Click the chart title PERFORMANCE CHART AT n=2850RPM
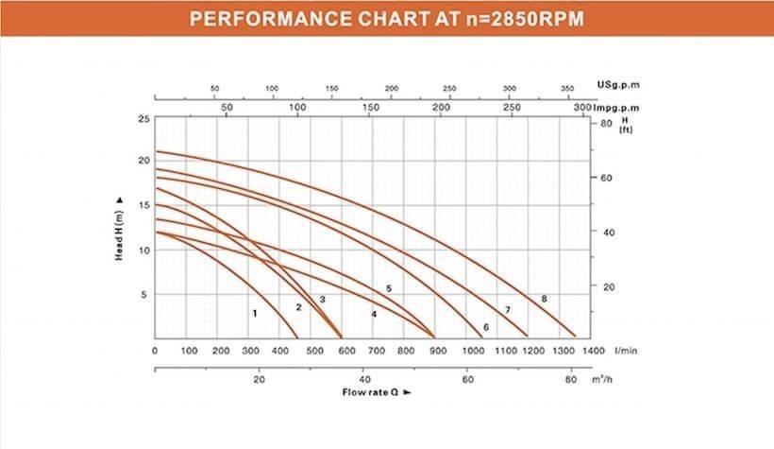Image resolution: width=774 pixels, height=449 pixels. [x=386, y=18]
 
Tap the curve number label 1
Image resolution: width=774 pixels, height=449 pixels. [x=255, y=312]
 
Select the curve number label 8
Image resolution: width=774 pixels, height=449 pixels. [x=544, y=299]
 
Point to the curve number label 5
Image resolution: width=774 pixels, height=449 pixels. [x=388, y=288]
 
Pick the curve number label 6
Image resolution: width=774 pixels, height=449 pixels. [x=486, y=327]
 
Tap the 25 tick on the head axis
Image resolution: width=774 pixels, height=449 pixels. [x=143, y=119]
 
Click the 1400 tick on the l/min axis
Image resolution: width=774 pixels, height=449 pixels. [x=592, y=351]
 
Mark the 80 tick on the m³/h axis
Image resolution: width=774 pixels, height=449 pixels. [x=570, y=380]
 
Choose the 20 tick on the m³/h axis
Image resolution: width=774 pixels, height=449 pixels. [x=259, y=380]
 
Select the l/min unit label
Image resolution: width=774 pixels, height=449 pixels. [x=626, y=351]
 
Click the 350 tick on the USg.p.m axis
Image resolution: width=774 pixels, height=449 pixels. [x=567, y=88]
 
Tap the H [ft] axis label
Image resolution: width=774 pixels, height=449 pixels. [x=625, y=125]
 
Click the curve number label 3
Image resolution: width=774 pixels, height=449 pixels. [x=322, y=300]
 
